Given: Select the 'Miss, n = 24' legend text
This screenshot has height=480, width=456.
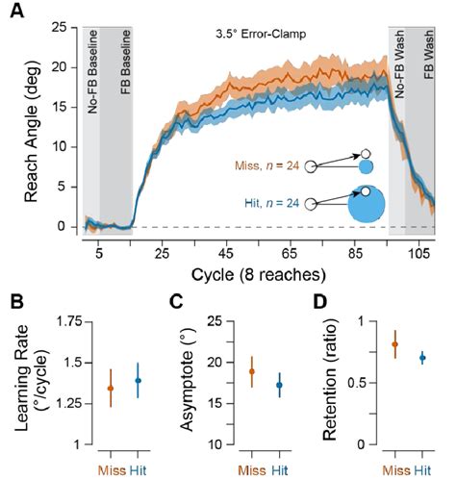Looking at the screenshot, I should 267,165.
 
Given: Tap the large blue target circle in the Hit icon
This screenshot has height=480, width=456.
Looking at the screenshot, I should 367,205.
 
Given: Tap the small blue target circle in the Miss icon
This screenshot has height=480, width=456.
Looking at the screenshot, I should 367,166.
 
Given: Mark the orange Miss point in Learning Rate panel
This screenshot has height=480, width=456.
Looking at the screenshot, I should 110,389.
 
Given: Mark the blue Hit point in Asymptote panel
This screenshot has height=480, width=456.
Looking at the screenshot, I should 280,385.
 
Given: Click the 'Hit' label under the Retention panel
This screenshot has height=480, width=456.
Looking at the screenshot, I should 421,468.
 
